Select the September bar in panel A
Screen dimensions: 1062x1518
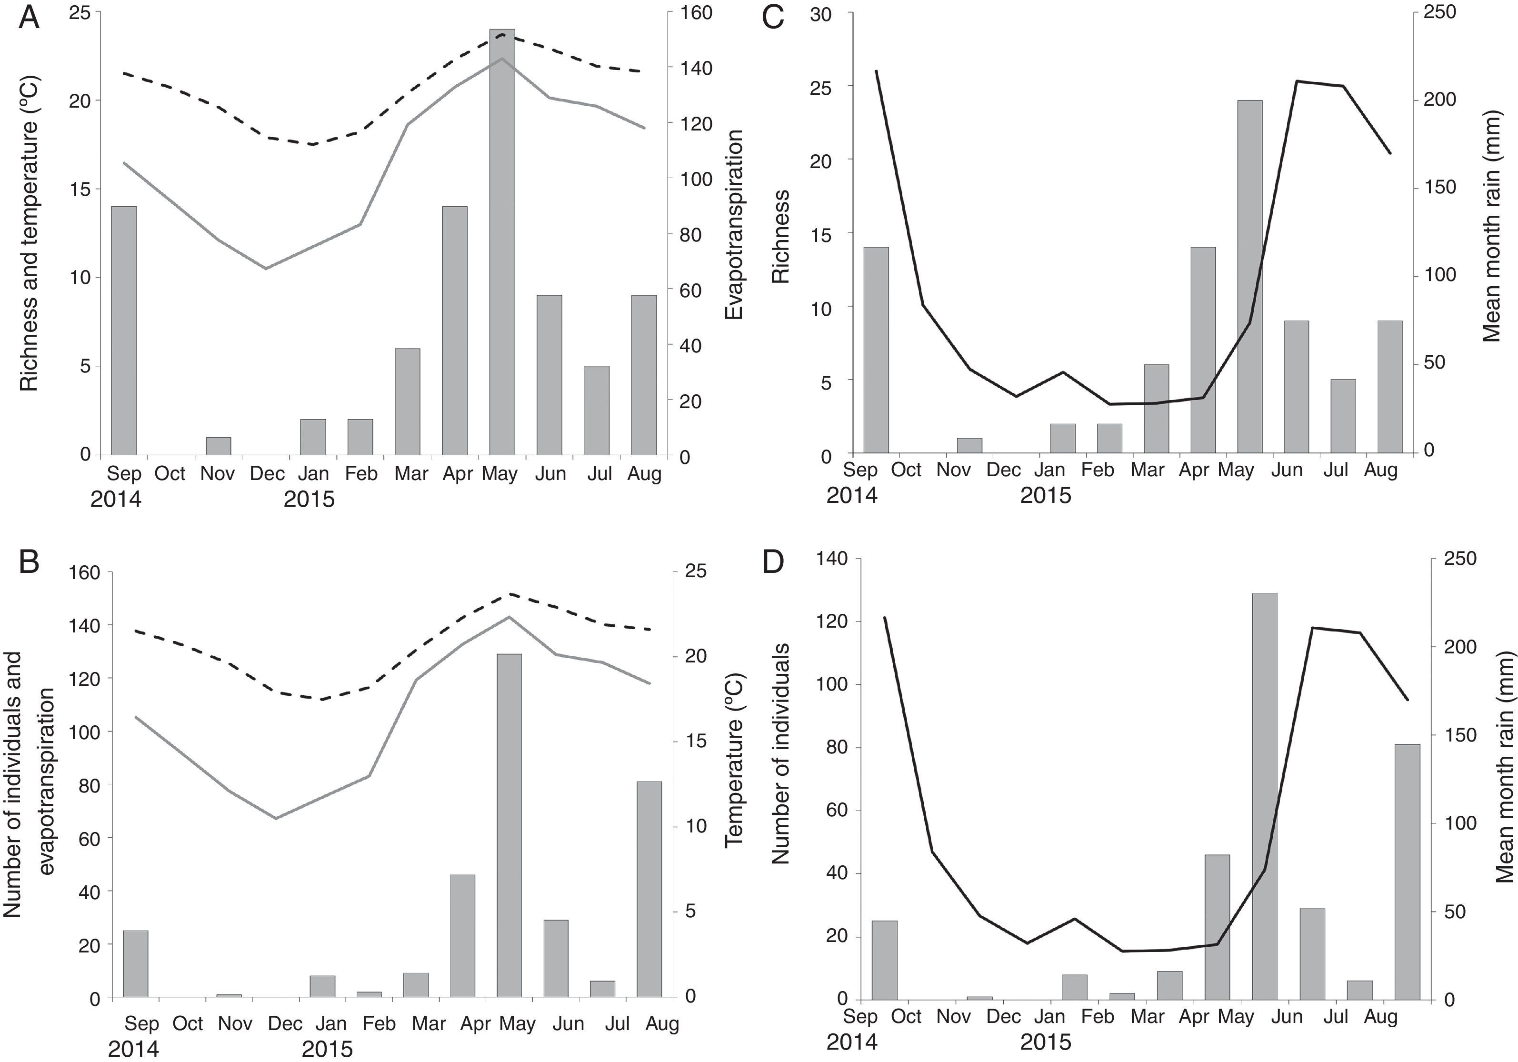point(124,331)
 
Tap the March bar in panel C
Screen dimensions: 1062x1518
point(1156,410)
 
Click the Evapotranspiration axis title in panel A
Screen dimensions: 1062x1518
point(734,225)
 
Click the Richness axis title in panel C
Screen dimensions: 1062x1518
point(781,236)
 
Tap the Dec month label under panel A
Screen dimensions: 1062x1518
point(267,473)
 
